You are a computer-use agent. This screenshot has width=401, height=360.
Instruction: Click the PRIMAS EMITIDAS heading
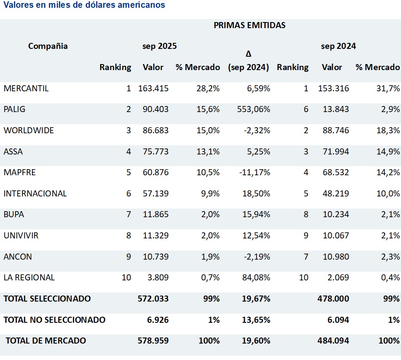click(250, 25)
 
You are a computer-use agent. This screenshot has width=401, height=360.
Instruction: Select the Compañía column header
click(48, 46)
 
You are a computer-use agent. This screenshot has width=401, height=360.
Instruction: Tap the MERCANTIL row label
click(26, 89)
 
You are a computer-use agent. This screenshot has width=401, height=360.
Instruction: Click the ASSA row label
click(13, 151)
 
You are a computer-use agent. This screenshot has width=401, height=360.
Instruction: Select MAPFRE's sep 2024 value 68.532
click(336, 172)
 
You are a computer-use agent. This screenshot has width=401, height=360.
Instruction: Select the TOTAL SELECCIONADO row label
click(47, 299)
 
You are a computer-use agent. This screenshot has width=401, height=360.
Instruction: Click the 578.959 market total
click(153, 341)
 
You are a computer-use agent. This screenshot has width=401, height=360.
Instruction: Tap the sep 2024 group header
click(338, 46)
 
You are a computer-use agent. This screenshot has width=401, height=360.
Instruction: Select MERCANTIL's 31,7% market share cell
click(388, 89)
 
